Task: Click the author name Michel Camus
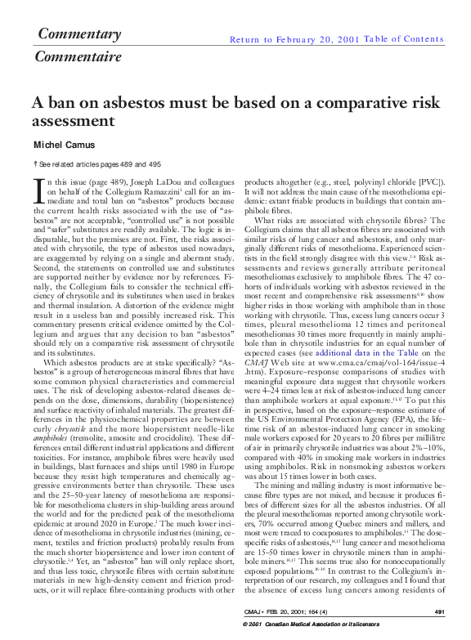tap(65, 145)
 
